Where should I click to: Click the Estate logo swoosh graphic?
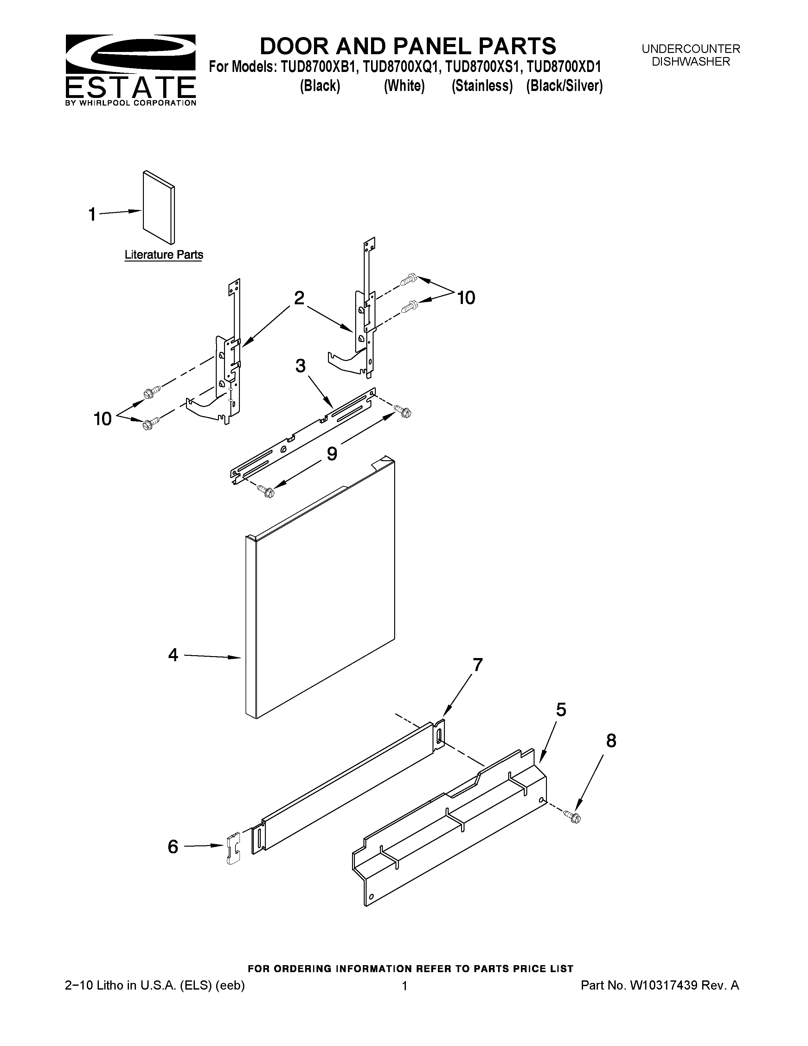(130, 53)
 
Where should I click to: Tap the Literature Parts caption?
(164, 255)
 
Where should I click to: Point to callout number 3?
(300, 366)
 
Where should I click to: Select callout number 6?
(173, 847)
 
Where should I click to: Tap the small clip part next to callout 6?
(233, 848)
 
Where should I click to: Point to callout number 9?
(332, 453)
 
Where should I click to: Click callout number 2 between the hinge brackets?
(299, 298)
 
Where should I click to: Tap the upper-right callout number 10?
(466, 298)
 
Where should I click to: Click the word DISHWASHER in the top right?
(691, 62)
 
